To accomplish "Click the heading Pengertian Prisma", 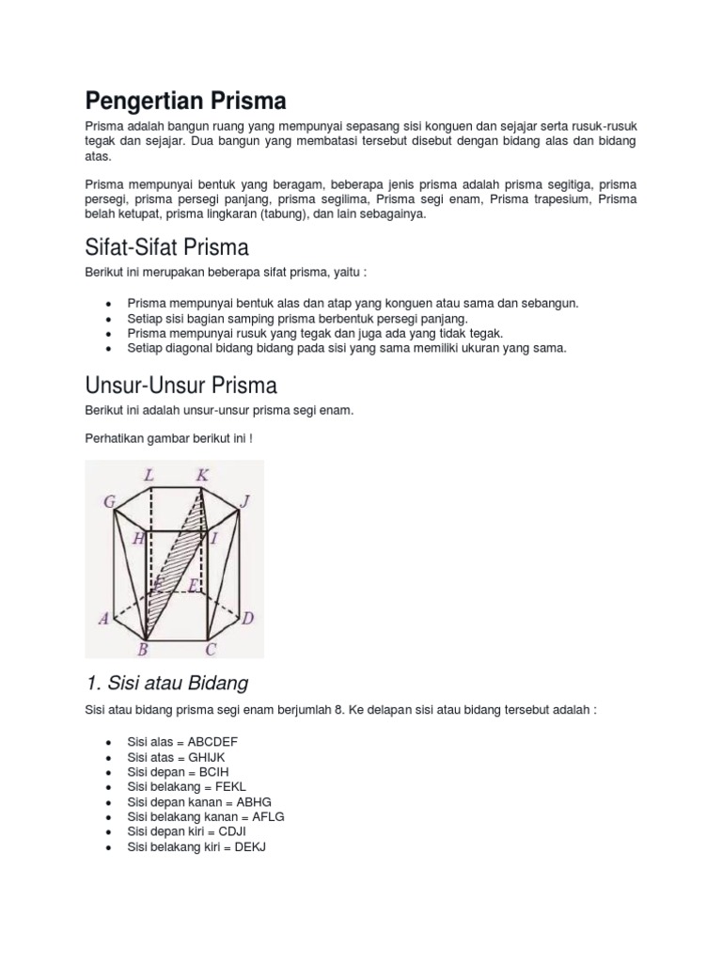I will [x=186, y=101].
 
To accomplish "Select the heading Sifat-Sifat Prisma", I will [x=166, y=248].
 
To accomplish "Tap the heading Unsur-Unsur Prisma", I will [x=180, y=386].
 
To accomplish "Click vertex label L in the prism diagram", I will [x=149, y=476].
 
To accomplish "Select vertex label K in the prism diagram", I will [x=202, y=476].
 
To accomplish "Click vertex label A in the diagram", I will [x=103, y=619].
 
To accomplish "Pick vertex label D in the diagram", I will [x=247, y=619].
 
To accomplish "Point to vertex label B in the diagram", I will [x=144, y=649].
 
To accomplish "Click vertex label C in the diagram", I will [x=211, y=649].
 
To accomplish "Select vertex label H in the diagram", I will [x=139, y=538].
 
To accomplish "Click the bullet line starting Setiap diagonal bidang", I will [x=347, y=348].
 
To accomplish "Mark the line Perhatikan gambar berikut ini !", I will [x=169, y=439].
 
